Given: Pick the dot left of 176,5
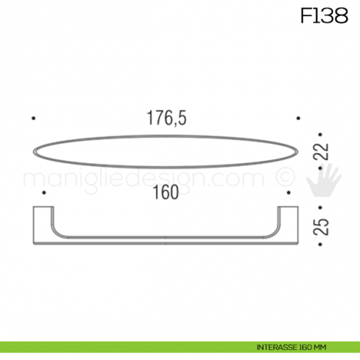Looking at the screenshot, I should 34,118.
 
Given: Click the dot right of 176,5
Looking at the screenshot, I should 298,118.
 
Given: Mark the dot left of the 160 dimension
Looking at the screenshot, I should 45,193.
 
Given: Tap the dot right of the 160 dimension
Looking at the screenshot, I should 290,193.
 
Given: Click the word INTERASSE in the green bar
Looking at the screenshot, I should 276,345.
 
